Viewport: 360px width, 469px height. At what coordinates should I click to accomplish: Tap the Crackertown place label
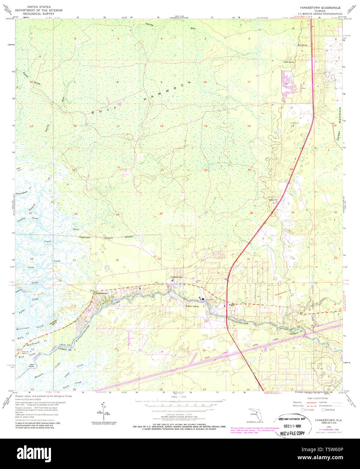pos(176,277)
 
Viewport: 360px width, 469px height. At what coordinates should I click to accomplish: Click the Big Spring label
pos(302,45)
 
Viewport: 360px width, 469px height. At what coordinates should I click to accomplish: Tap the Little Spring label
pos(289,62)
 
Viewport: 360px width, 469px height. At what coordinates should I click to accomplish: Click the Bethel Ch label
pos(272,200)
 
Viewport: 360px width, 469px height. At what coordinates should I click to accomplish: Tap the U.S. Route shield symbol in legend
pos(303,410)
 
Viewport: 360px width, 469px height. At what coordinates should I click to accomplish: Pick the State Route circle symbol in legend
pos(323,410)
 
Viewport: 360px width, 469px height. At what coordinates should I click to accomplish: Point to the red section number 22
pos(206,170)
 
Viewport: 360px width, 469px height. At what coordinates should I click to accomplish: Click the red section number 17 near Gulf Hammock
pos(118,127)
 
